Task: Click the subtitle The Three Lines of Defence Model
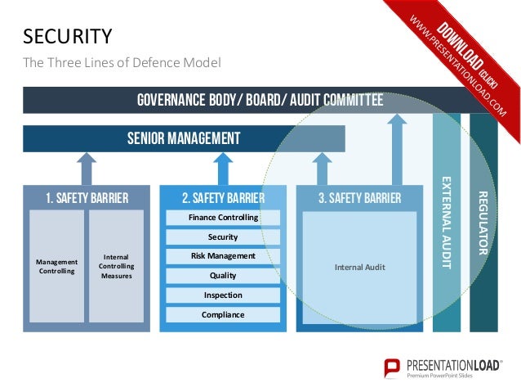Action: (122, 62)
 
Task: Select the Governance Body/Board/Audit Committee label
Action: (260, 101)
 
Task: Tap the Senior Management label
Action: (184, 138)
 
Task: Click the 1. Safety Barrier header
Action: (87, 197)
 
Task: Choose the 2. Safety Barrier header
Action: (223, 197)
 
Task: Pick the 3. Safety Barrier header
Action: (360, 197)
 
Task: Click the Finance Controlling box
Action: (223, 218)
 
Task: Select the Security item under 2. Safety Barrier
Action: (223, 237)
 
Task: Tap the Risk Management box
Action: (223, 256)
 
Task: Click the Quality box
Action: (223, 276)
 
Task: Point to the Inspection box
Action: (223, 295)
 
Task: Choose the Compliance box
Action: (223, 314)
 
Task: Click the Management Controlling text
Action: (56, 266)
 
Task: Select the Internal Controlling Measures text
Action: (116, 266)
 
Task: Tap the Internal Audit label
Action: (360, 267)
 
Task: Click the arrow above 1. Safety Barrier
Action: (87, 169)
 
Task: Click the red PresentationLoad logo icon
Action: (393, 368)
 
